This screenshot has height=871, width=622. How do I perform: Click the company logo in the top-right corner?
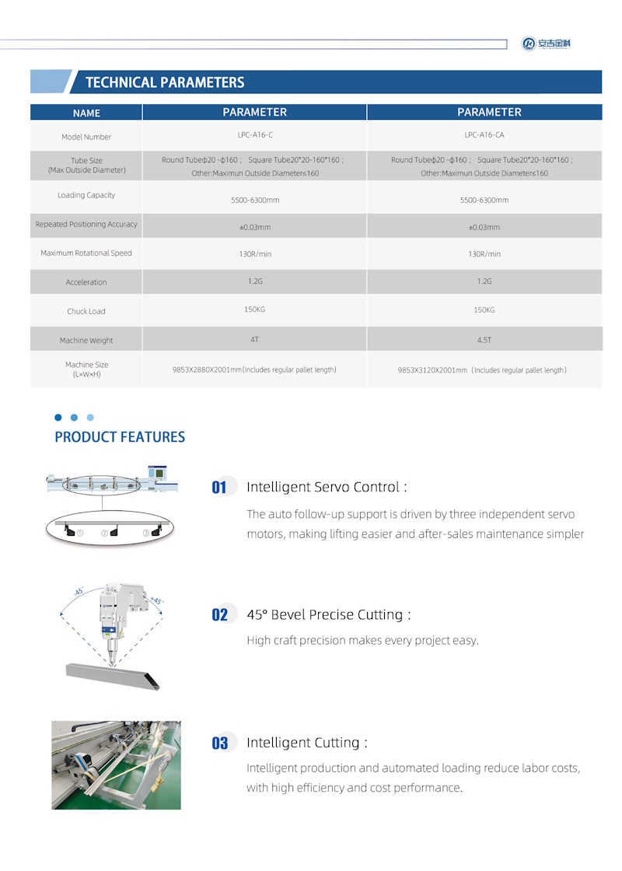(x=547, y=44)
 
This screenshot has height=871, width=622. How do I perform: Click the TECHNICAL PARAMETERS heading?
(x=164, y=82)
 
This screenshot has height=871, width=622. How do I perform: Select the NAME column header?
(x=86, y=113)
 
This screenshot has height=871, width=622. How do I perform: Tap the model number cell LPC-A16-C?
(x=255, y=135)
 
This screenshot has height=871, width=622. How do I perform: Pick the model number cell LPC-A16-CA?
(x=484, y=135)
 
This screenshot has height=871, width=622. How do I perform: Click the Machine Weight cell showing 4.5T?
(x=484, y=339)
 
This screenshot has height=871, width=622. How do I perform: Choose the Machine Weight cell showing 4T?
(x=255, y=339)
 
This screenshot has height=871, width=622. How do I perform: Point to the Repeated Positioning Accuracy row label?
(x=86, y=225)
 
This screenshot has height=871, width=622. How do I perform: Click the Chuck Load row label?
(x=86, y=311)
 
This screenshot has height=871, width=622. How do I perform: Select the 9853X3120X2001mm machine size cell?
(x=482, y=371)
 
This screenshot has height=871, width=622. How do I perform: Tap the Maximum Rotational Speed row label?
(x=86, y=254)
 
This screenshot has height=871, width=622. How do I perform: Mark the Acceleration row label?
(x=86, y=282)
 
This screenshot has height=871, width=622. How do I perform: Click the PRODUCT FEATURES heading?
(x=120, y=437)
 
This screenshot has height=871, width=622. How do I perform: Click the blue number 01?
(x=219, y=488)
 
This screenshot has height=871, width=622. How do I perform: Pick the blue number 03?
(x=220, y=743)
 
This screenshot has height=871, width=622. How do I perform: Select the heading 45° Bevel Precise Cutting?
(x=328, y=614)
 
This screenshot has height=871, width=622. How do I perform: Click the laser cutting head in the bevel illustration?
(x=116, y=614)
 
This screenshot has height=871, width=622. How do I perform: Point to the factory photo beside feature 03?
(x=116, y=765)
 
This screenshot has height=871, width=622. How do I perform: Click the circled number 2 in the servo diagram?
(x=104, y=533)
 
